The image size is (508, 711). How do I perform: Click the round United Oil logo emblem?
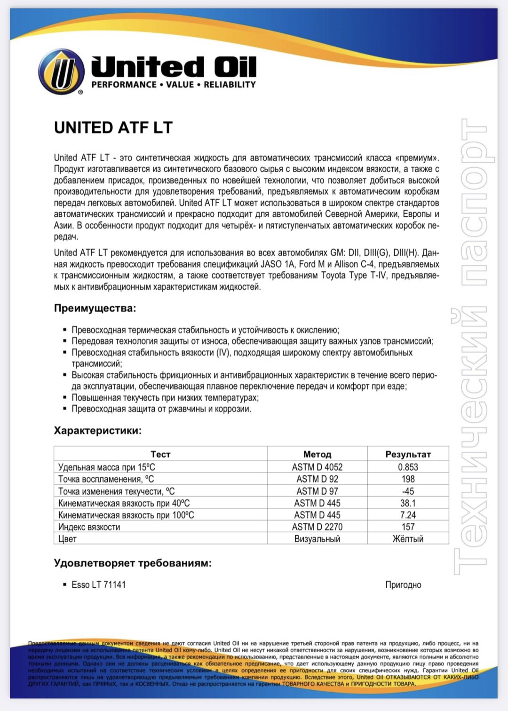62,71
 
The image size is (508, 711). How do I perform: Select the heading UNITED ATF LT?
113,127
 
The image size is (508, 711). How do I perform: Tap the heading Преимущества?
95,308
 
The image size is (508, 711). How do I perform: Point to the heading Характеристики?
98,430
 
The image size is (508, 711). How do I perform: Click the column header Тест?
160,454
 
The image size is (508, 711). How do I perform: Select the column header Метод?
317,454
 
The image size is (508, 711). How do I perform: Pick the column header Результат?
408,454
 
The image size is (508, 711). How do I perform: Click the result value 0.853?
408,467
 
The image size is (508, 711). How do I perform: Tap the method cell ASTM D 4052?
317,467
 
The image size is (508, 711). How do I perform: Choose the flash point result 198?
408,479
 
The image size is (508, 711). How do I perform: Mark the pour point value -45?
408,491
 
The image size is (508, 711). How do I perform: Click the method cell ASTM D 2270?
317,527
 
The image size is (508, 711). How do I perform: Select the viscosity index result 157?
408,527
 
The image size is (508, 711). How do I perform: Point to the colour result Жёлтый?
408,539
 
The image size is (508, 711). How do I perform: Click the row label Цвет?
67,539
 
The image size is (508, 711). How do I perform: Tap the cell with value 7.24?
408,515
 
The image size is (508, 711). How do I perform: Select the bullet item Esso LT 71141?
98,585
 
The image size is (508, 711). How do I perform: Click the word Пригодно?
403,585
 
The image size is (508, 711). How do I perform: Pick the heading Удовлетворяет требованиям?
133,563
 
